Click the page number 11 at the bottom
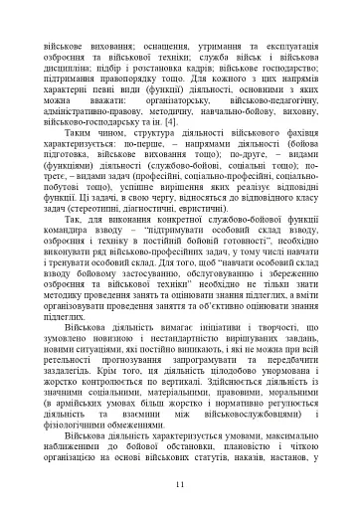point(180,484)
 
